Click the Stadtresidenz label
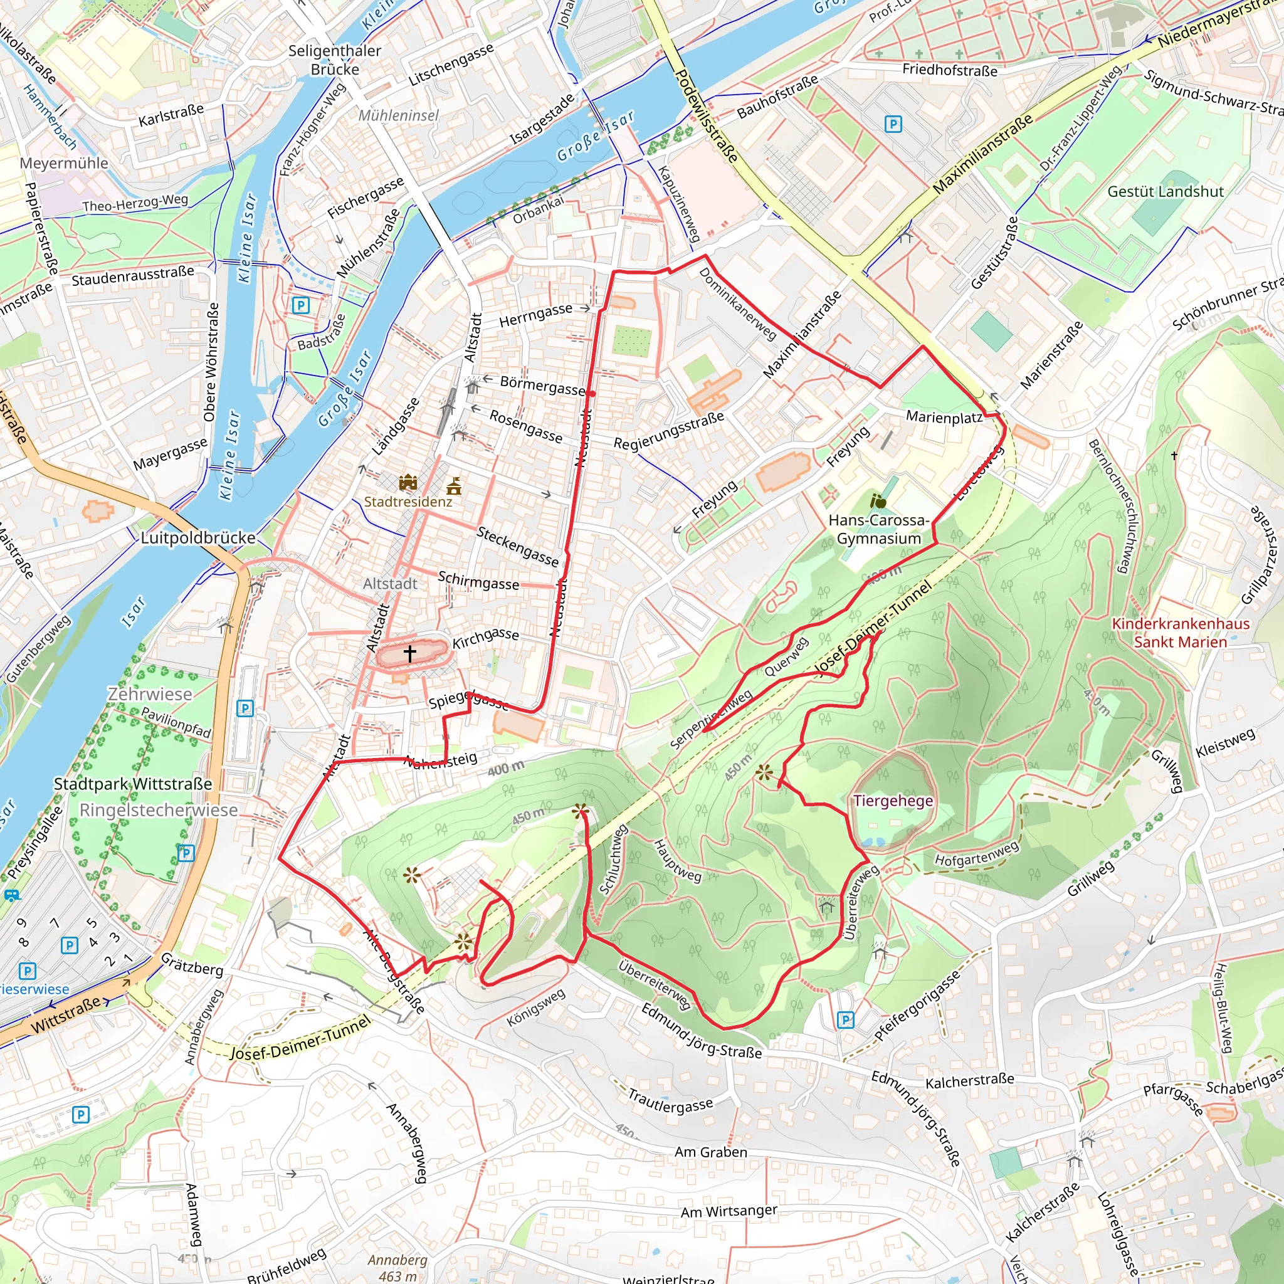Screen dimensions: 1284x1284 408,502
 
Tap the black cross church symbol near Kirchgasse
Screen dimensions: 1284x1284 409,653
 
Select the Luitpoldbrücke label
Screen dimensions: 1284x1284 198,538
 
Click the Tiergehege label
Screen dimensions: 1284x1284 893,801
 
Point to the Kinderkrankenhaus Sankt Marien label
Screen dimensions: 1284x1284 1181,633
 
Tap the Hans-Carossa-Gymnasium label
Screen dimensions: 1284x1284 878,529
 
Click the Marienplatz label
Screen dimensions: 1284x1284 944,418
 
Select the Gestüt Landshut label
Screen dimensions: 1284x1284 1165,191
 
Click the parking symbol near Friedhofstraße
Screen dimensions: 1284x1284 893,124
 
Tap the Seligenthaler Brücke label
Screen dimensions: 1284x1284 335,60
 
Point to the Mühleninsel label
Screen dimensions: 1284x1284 398,115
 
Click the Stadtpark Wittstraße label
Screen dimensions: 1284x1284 133,784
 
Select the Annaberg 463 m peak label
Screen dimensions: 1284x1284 397,1267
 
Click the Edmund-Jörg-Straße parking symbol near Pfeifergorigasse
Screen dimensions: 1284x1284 845,1019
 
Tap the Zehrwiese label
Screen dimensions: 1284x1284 150,694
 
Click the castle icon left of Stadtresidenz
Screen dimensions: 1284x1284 408,482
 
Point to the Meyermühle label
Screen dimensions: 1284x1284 64,164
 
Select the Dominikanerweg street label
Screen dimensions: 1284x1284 738,303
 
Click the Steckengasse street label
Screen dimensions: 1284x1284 518,546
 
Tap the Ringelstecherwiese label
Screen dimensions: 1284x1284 159,810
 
